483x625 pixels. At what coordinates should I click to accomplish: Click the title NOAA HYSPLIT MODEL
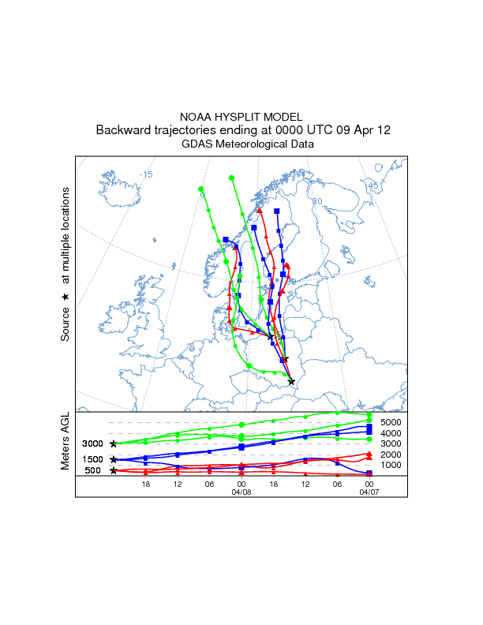(241, 116)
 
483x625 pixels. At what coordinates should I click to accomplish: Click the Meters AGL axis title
(66, 444)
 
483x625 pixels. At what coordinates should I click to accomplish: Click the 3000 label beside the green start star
(93, 444)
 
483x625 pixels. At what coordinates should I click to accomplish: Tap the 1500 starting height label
(93, 459)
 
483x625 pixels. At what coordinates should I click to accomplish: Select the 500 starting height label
(93, 471)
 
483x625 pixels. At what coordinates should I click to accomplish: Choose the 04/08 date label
(241, 492)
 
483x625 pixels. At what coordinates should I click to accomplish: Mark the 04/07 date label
(369, 492)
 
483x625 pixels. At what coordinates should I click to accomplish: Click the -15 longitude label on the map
(145, 174)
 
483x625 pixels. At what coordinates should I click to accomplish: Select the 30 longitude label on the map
(316, 201)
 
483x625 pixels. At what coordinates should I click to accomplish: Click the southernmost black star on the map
(292, 382)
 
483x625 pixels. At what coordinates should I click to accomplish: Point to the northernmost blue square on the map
(277, 211)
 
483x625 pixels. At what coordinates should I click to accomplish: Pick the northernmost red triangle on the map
(259, 211)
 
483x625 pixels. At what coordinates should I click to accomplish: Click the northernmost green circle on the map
(231, 178)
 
